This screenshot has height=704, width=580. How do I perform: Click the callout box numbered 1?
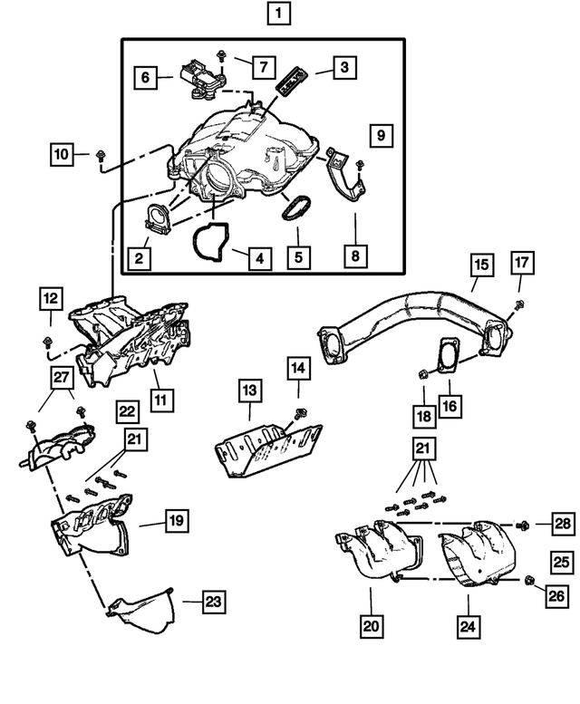[278, 14]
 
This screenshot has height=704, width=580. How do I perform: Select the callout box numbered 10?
[62, 154]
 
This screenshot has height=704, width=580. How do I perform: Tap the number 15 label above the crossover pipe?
[482, 265]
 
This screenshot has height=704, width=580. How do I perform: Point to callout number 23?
[213, 602]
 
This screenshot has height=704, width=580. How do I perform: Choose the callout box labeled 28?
[563, 524]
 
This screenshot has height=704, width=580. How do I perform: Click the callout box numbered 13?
[249, 391]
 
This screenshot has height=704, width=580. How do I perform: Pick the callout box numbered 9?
[382, 136]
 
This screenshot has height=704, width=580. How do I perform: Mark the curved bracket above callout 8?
[345, 175]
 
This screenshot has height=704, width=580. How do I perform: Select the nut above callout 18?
[423, 373]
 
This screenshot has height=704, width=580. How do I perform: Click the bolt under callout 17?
[519, 304]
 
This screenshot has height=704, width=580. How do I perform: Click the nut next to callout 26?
[530, 582]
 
